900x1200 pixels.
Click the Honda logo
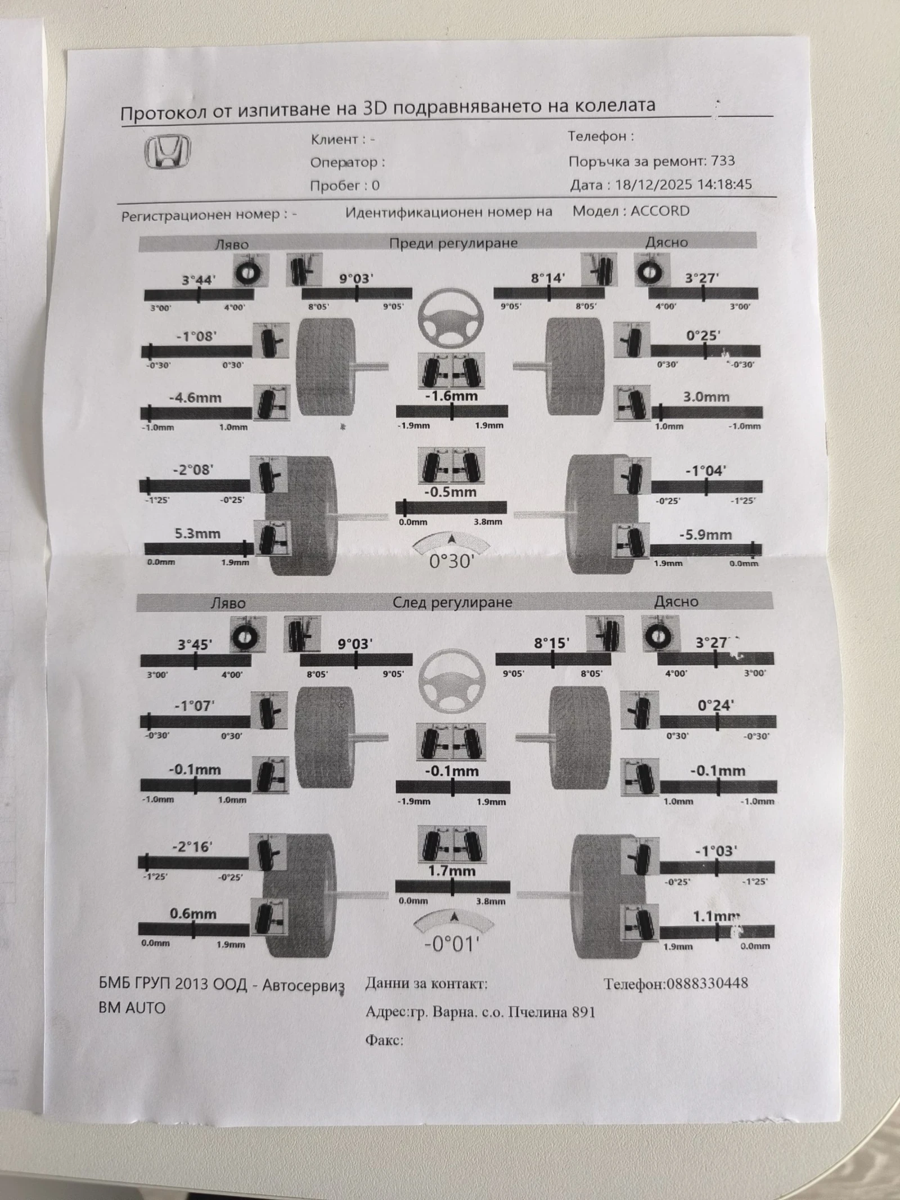(168, 152)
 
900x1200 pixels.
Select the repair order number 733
(723, 161)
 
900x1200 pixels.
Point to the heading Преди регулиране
(453, 243)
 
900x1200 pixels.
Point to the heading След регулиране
(452, 603)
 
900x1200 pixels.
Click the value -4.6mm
(195, 398)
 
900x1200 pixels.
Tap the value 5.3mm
(197, 533)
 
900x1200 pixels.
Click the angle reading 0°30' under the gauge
(452, 561)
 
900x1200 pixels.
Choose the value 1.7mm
(452, 871)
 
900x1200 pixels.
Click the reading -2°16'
(192, 847)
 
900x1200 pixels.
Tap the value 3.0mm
(706, 397)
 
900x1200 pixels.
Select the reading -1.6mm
(451, 396)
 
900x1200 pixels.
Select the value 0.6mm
(193, 915)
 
